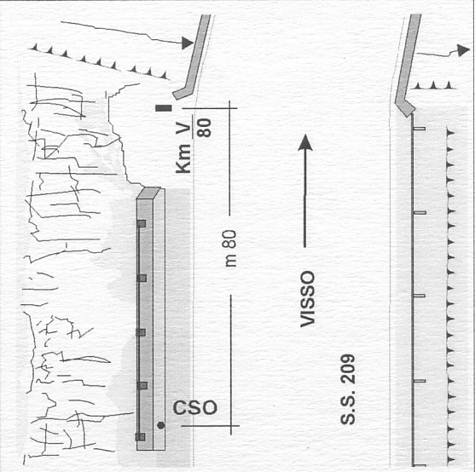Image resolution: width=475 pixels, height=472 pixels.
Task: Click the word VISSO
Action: [308, 299]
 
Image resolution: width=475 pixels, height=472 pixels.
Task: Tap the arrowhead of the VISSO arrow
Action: [305, 142]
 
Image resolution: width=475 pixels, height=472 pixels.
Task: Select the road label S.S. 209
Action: [347, 389]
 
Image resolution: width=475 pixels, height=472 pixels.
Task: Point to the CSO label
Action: [195, 407]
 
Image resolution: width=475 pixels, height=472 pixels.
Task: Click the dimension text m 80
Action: [231, 249]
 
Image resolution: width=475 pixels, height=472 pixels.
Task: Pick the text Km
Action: [183, 158]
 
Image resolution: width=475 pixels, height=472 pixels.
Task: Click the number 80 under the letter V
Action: [204, 128]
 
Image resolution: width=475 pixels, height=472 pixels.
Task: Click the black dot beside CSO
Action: [161, 425]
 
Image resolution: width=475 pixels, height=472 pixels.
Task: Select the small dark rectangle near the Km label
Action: [164, 108]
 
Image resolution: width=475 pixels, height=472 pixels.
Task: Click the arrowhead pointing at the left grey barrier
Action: [188, 43]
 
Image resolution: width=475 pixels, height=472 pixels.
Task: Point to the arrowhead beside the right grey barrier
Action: [464, 50]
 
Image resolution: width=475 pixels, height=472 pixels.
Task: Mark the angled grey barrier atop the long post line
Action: [408, 65]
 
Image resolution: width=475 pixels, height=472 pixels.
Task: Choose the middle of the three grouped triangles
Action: [433, 85]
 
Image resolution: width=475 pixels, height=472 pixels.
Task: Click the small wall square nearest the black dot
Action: [140, 437]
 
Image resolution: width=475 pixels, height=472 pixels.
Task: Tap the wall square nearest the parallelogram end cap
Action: [142, 223]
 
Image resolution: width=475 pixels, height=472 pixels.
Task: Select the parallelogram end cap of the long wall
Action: [148, 193]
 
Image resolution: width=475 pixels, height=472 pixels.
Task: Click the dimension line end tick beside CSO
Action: [231, 426]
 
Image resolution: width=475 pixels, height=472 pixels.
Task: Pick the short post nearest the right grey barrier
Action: [420, 129]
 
